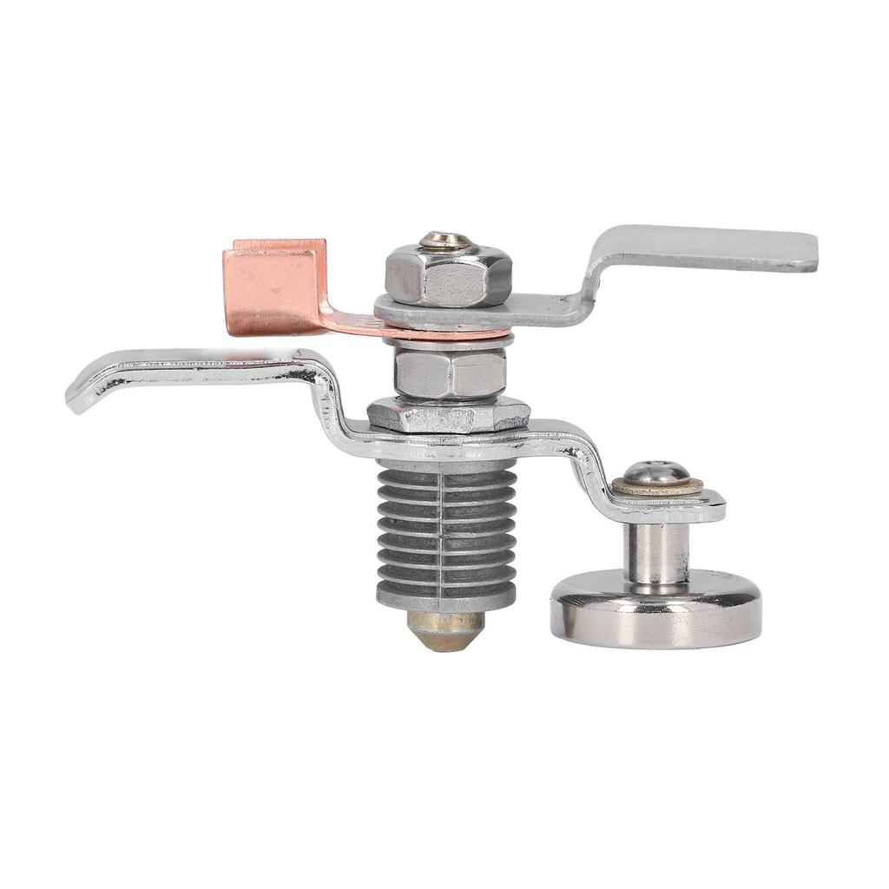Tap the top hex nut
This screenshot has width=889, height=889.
click(x=447, y=276)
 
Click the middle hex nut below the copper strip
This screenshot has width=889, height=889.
click(x=450, y=372)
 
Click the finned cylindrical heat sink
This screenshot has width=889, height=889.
click(x=446, y=534)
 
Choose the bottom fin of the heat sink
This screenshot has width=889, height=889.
click(x=446, y=596)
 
